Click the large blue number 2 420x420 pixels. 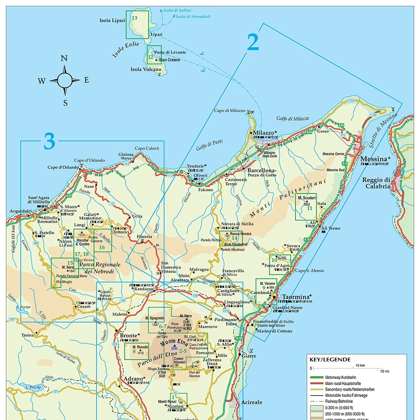[253, 43]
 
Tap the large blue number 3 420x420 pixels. [49, 142]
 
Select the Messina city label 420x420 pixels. [373, 159]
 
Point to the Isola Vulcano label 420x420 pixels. [146, 70]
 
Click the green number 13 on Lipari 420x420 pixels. [134, 18]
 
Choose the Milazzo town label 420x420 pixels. [263, 133]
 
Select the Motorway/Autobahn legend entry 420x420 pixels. [340, 377]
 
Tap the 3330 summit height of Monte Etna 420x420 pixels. [174, 349]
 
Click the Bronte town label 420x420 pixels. [128, 335]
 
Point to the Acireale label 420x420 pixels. [251, 402]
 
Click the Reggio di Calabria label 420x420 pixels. [376, 183]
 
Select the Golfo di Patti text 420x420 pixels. [209, 145]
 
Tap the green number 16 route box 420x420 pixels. [102, 247]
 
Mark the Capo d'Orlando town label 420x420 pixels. [63, 167]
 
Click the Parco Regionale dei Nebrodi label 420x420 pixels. [100, 268]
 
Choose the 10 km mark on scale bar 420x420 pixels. [360, 366]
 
